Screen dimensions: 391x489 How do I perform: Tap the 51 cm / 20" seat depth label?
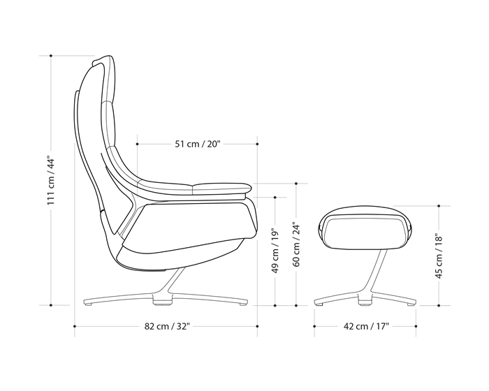(x=198, y=145)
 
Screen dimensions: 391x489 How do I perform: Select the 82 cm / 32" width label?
(x=168, y=326)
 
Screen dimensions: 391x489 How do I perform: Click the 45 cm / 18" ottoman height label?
(x=439, y=256)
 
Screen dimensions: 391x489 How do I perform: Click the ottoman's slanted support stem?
(x=370, y=276)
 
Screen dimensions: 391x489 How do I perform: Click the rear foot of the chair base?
(x=89, y=304)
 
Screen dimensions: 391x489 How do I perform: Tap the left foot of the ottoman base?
(x=320, y=304)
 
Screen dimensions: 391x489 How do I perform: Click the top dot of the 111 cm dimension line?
(x=50, y=55)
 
